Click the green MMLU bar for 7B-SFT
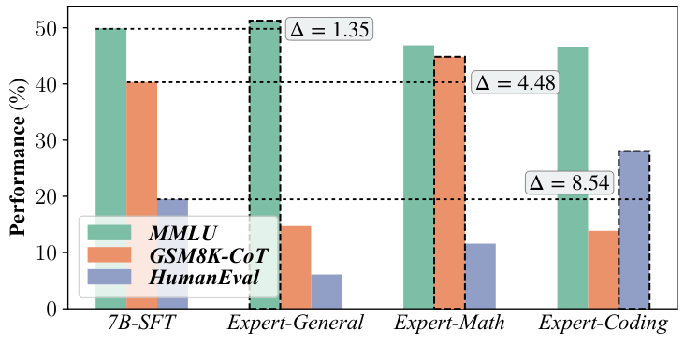110,122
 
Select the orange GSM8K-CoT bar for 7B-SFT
141,150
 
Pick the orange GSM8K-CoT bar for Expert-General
295,267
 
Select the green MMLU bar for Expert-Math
418,177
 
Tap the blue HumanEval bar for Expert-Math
480,276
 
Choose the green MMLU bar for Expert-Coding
572,178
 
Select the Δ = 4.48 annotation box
516,83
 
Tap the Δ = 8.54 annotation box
569,183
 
